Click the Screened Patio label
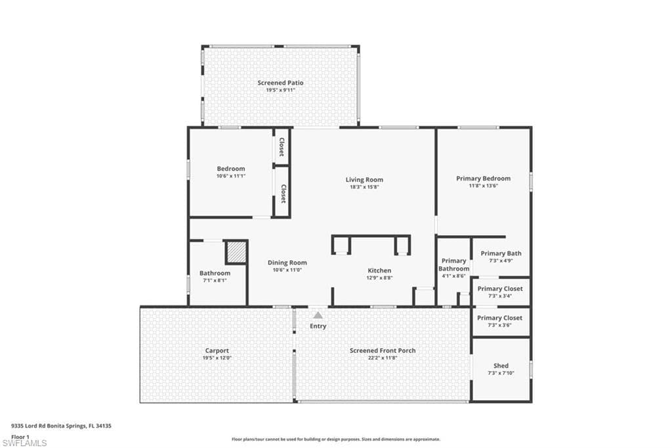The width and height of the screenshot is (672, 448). point(280,83)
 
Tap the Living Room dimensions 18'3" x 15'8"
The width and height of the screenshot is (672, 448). point(364,187)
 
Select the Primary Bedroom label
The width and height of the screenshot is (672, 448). point(484,179)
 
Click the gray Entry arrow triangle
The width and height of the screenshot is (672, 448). point(318,315)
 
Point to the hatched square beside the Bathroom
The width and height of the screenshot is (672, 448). point(236,252)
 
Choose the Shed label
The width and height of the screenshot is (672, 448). point(501,366)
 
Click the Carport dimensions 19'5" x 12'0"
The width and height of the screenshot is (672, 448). point(217,358)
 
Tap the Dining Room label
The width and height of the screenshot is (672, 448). point(287,263)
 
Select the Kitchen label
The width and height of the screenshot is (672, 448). point(379,271)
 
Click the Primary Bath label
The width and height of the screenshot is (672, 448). point(501,253)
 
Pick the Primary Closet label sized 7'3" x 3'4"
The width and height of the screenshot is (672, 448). point(500,289)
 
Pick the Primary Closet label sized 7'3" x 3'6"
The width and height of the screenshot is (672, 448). point(499,318)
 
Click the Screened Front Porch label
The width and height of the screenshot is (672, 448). point(383,351)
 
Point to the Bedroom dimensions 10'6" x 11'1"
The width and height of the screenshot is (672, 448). point(231,176)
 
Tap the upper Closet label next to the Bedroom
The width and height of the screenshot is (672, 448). point(282,146)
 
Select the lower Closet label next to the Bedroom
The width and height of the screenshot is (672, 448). point(283,194)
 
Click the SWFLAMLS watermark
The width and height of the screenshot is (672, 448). point(24,443)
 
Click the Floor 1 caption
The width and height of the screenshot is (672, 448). point(20,437)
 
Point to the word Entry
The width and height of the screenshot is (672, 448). point(318,326)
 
